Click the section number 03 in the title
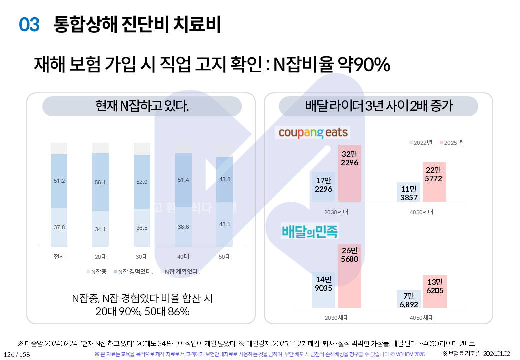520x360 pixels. (x=29, y=24)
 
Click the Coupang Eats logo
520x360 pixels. (x=313, y=132)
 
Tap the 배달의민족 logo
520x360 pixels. (x=310, y=232)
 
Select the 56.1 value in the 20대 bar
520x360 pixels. (x=100, y=182)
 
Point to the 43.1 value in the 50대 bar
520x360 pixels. (x=225, y=224)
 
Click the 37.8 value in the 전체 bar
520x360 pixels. (x=59, y=227)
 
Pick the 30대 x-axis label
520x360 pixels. (x=142, y=257)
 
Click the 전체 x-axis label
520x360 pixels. (x=59, y=257)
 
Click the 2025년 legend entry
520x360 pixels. (x=451, y=143)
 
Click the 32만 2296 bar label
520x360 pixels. (x=350, y=158)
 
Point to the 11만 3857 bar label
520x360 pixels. (x=409, y=193)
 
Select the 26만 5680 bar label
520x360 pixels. (x=350, y=255)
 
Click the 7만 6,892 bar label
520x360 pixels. (x=408, y=300)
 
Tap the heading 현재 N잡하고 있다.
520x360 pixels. (x=142, y=106)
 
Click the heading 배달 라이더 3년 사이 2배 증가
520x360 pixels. (x=379, y=106)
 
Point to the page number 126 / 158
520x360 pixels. (x=17, y=354)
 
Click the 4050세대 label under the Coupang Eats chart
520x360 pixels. (x=421, y=212)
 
